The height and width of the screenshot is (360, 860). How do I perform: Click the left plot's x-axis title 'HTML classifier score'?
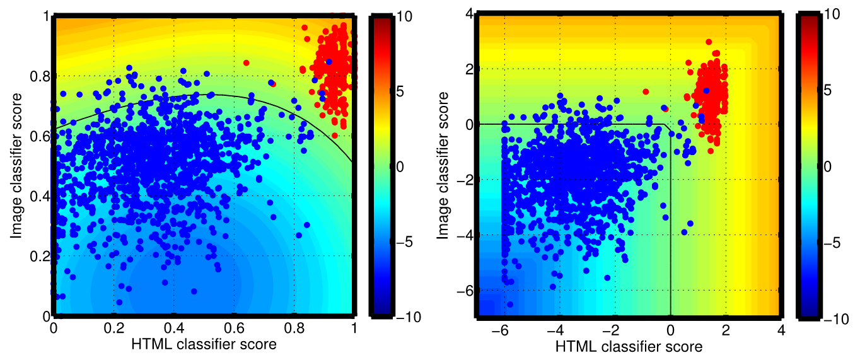[x=204, y=344]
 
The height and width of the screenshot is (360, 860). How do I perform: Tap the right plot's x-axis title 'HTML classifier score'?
[x=629, y=346]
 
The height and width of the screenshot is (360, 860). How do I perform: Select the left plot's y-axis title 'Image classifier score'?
[x=17, y=165]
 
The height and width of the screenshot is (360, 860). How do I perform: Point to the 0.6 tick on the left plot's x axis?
[x=234, y=328]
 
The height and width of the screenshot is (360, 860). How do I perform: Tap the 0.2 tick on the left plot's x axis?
[x=113, y=328]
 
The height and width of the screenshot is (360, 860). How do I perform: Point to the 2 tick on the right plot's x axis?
[x=726, y=330]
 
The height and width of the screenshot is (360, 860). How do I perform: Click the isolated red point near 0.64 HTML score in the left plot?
[x=246, y=62]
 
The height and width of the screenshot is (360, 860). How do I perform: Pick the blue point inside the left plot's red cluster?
[x=328, y=61]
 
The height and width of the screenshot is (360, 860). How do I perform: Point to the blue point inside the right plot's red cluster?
[x=706, y=91]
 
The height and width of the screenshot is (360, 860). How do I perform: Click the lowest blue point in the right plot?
[x=510, y=305]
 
